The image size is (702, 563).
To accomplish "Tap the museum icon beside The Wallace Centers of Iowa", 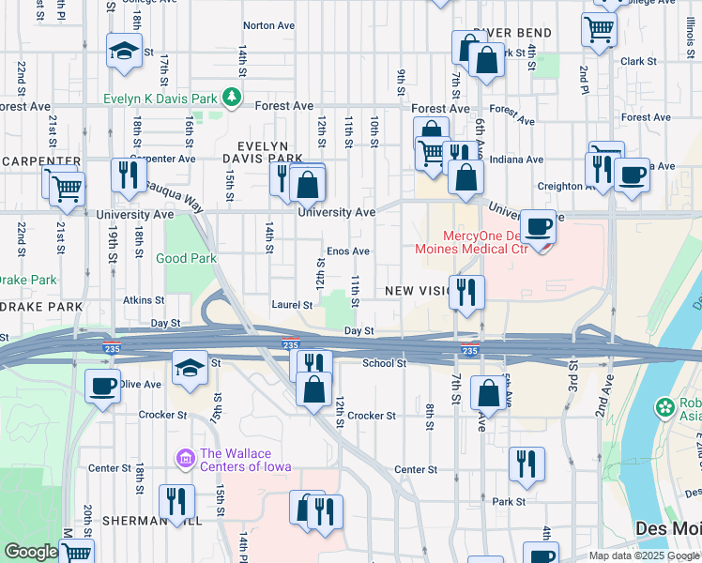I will pyautogui.click(x=185, y=458).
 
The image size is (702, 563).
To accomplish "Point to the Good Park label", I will pyautogui.click(x=186, y=258).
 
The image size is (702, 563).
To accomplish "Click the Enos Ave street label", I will pyautogui.click(x=347, y=251).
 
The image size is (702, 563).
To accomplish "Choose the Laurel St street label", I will pyautogui.click(x=294, y=305).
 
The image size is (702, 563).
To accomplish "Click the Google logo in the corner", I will pyautogui.click(x=31, y=552).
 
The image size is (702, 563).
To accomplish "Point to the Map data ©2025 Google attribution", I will pyautogui.click(x=644, y=555).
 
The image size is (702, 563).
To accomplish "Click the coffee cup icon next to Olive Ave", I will pyautogui.click(x=102, y=385).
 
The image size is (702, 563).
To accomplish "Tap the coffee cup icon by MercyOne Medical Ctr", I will pyautogui.click(x=539, y=227).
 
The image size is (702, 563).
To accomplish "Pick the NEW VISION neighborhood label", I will pyautogui.click(x=418, y=292).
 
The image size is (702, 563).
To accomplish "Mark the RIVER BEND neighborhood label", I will pyautogui.click(x=511, y=34).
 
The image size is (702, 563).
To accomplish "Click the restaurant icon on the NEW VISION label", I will pyautogui.click(x=465, y=292).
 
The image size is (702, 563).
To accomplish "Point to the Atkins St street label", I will pyautogui.click(x=144, y=300).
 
